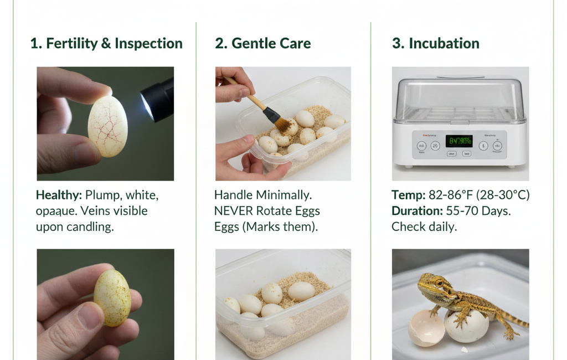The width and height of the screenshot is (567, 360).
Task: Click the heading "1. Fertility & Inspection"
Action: (x=106, y=44)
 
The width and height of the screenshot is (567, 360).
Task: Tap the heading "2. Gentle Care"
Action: (x=263, y=44)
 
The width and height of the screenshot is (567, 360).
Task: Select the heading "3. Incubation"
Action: (x=436, y=44)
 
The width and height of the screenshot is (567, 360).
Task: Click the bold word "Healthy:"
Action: (x=59, y=195)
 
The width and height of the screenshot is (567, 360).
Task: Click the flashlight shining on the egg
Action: (x=158, y=99)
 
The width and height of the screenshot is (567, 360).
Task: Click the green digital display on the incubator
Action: (x=459, y=141)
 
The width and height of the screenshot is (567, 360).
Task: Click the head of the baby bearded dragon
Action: (x=429, y=284)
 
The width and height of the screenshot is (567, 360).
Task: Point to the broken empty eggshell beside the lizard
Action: (x=426, y=328)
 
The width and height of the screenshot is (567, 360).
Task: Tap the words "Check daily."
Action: (x=424, y=227)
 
